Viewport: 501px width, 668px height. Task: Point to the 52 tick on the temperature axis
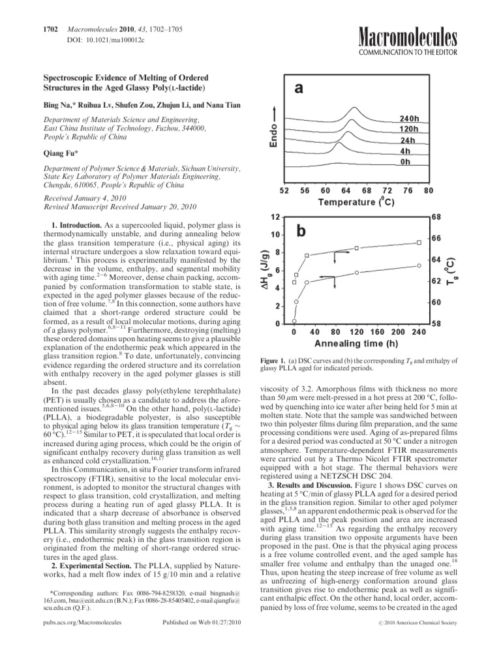click(x=284, y=190)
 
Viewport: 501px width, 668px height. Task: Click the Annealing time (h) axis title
click(x=356, y=343)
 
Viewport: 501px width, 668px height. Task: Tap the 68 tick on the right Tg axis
click(x=437, y=217)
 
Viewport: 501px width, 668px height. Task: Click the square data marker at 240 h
click(x=419, y=243)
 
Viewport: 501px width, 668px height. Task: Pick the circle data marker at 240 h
click(x=419, y=265)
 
